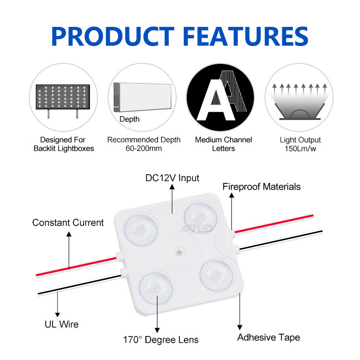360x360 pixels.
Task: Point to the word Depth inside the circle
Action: [129, 119]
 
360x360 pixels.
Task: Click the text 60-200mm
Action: [144, 149]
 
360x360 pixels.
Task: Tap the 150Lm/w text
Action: [300, 149]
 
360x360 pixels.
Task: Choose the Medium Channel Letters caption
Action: [223, 144]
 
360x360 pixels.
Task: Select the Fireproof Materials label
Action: [261, 186]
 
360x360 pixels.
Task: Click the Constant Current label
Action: [68, 223]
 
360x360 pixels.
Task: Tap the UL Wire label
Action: [58, 325]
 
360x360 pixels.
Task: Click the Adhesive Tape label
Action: [268, 337]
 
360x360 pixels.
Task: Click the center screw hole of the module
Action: [179, 251]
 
